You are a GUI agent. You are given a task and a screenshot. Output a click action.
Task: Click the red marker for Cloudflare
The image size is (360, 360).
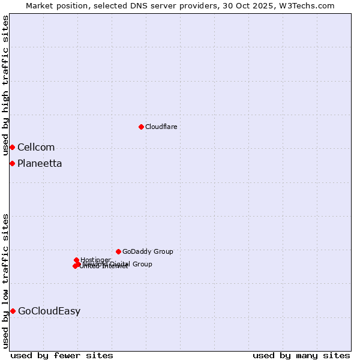141,127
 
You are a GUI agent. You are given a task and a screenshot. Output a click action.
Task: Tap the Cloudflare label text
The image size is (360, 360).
161,127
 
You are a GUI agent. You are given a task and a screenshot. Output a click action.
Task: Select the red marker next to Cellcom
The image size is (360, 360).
12,147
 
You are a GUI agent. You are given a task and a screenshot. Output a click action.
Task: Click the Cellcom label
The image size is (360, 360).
36,147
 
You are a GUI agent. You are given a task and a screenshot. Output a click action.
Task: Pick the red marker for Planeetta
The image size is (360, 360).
12,163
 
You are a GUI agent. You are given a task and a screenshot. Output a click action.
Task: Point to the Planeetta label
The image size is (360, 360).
40,163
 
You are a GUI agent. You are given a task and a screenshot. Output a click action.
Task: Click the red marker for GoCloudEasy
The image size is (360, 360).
13,311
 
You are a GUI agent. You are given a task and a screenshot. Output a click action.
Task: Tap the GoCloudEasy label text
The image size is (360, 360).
49,311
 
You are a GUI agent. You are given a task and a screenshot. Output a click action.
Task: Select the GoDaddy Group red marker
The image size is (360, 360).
118,251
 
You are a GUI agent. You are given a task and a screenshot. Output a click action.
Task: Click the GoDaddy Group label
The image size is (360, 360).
148,251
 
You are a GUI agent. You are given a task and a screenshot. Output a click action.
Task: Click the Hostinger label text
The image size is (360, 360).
95,260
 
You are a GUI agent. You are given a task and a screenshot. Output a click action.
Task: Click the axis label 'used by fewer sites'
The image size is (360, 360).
62,355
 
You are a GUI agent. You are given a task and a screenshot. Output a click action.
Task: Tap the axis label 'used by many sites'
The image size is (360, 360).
301,355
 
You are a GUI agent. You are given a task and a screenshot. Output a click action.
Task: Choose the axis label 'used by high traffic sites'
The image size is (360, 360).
5,86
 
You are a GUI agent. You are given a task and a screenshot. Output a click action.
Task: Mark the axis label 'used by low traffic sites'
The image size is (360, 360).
5,281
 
